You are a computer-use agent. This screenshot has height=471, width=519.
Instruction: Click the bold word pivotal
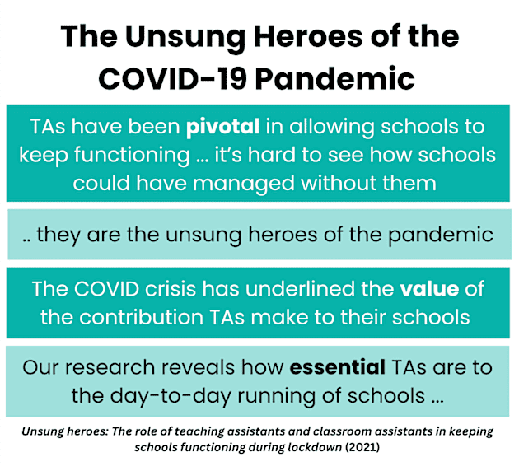(x=223, y=128)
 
